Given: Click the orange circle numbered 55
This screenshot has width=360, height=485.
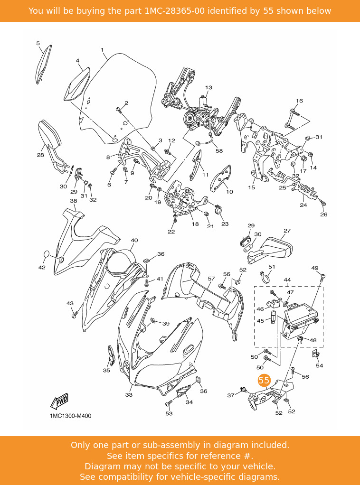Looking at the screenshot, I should tap(264, 381).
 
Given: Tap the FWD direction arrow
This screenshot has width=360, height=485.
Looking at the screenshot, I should tap(60, 401).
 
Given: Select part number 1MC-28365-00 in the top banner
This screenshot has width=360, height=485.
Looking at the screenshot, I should tap(174, 11).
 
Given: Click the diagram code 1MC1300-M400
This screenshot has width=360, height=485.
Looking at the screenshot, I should tap(71, 416).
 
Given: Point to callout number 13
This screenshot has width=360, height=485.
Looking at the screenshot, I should tap(208, 88).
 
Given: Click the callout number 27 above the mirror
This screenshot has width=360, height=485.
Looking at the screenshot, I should tap(287, 231).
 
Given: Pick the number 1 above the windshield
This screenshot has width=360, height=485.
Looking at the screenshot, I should tap(102, 50).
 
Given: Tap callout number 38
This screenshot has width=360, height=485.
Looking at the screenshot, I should tap(73, 201).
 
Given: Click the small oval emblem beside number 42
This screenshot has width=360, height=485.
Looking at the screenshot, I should tap(47, 254).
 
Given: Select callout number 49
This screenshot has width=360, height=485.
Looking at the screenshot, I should tap(315, 268).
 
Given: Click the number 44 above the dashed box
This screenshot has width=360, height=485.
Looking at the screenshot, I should tap(287, 280).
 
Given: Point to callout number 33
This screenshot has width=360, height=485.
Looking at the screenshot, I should tap(129, 394).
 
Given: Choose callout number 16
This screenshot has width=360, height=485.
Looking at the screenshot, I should tap(299, 101).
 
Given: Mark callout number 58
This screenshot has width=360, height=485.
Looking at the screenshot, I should tap(219, 151).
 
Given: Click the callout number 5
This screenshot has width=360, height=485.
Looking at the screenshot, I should tap(38, 43).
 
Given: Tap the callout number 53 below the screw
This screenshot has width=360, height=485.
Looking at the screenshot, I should tap(169, 413).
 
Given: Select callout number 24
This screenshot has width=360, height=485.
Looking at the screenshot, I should tap(303, 205).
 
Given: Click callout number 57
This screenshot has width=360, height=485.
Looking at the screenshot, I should tap(211, 279).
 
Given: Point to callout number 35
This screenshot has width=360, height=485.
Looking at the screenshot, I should tap(106, 370).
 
